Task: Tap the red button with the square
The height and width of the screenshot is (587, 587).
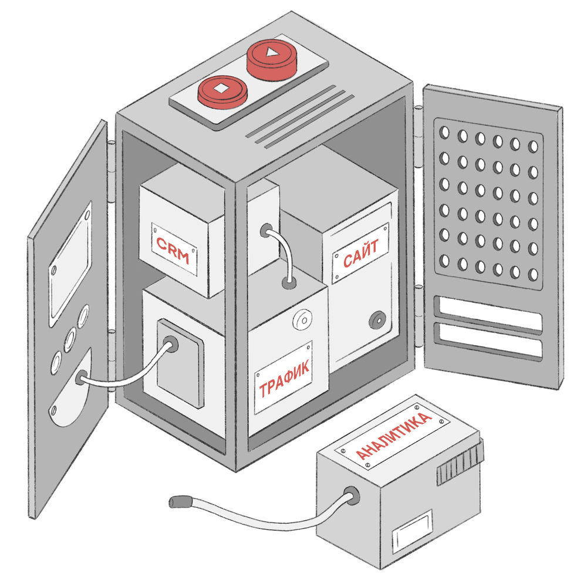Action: (222, 90)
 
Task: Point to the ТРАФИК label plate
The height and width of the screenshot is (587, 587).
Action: (284, 377)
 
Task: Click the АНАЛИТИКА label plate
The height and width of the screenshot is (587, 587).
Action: (392, 436)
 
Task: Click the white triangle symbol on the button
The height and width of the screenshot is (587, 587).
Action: (270, 52)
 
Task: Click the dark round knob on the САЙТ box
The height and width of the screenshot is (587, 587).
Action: (377, 321)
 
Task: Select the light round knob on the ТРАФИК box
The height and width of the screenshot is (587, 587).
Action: (302, 319)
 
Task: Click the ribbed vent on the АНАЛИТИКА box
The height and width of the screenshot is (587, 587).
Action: (460, 463)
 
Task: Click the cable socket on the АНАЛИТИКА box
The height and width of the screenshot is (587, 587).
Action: (351, 495)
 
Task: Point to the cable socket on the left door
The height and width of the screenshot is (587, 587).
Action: (81, 377)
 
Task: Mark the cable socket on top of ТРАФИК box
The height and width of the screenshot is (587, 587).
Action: (289, 283)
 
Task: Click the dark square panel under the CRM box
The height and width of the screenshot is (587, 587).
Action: (181, 364)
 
